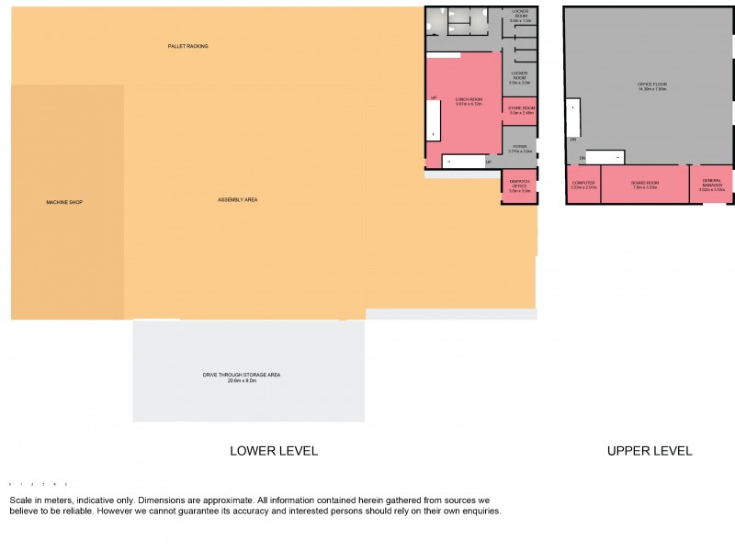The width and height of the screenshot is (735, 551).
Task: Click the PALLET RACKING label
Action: [x=187, y=45]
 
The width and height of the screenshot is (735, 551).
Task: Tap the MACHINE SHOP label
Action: [x=64, y=201]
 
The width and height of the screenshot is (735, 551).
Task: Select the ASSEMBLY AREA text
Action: [x=237, y=199]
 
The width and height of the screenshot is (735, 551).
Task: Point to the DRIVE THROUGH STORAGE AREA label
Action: [x=242, y=375]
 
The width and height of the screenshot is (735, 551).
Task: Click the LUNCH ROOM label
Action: [x=469, y=99]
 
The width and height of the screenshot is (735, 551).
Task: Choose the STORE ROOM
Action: [x=521, y=110]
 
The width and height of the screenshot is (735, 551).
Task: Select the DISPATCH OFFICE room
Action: [x=520, y=186]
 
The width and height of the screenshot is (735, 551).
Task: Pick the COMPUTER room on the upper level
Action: [x=583, y=184]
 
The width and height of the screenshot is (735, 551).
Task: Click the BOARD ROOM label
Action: [x=645, y=183]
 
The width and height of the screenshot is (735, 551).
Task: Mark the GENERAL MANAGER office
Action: [x=712, y=183]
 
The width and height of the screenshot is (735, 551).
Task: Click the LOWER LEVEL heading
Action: [x=273, y=451]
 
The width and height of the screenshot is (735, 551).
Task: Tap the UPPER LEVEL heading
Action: [x=650, y=451]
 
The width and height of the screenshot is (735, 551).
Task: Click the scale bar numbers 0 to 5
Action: [x=38, y=483]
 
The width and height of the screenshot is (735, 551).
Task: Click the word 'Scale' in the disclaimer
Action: [x=24, y=500]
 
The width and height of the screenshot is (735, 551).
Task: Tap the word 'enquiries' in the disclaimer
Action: [x=478, y=512]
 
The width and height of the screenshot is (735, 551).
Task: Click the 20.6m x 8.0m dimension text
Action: [x=242, y=380]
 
